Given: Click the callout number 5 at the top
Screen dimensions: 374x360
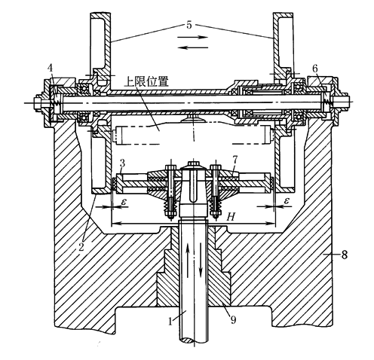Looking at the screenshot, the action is click(x=189, y=25).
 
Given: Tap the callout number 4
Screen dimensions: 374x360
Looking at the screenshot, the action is click(x=51, y=68).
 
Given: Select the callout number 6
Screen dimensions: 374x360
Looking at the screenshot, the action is click(x=315, y=69).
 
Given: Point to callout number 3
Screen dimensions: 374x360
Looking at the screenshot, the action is click(x=122, y=163).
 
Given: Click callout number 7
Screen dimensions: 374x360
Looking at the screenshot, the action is click(x=235, y=159).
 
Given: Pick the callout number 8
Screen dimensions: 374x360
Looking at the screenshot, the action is click(x=344, y=255).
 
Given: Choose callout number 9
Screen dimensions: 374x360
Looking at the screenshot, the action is click(x=233, y=319).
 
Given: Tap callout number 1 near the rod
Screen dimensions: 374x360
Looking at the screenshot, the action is click(x=170, y=321).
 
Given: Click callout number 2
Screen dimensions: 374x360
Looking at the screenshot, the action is click(x=81, y=247).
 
